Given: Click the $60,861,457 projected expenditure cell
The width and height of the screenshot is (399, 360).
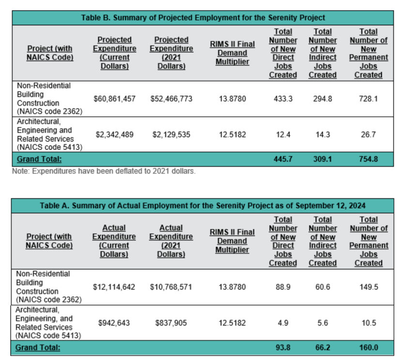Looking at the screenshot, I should (114, 99).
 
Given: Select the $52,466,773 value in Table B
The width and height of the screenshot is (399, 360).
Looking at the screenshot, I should (171, 99).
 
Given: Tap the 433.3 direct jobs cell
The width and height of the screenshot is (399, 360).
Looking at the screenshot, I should (283, 99).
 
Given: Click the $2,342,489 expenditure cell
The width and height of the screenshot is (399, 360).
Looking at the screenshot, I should (114, 135).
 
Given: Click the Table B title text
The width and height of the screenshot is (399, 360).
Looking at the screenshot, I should (203, 18).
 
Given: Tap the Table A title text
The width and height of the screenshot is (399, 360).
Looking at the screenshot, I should (203, 206).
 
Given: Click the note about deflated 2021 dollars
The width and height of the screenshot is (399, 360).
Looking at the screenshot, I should (104, 171).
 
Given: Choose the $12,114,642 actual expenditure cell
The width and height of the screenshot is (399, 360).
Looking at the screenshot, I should (114, 287).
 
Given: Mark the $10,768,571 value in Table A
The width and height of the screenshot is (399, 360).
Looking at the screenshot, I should (171, 287).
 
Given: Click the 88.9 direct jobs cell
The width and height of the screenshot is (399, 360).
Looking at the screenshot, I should (283, 287).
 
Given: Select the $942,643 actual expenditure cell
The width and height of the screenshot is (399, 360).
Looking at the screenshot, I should (114, 323).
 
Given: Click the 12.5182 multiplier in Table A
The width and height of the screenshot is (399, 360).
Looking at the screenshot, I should (232, 323).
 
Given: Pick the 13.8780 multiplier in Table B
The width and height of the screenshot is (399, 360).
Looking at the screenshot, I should (232, 99).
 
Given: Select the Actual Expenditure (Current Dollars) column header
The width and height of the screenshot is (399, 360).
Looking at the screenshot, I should (114, 240).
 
